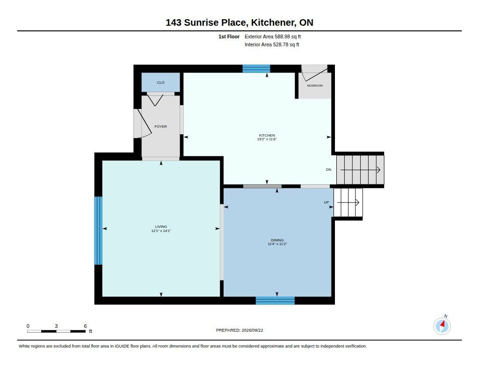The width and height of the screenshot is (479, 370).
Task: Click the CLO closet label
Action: click(x=161, y=82)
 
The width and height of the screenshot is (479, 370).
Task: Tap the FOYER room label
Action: click(x=161, y=126)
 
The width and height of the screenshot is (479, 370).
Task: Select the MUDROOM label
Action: click(x=315, y=86)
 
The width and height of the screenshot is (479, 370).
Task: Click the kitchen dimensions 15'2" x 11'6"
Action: click(x=267, y=139)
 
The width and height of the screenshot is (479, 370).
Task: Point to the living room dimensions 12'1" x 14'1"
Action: click(x=161, y=231)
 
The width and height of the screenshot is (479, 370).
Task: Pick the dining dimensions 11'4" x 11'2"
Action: click(x=277, y=244)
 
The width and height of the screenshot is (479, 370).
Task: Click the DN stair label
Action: click(x=329, y=170)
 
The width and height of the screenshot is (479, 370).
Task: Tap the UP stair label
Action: click(x=327, y=202)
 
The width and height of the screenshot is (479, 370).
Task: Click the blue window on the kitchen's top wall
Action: click(x=256, y=69)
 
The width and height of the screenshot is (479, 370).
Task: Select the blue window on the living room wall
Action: click(x=98, y=230)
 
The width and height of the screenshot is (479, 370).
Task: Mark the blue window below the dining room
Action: click(x=275, y=301)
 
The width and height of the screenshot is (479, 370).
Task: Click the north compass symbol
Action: click(x=442, y=326)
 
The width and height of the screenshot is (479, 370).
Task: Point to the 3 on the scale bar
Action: click(x=56, y=326)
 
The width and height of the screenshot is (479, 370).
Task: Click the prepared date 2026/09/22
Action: click(x=252, y=330)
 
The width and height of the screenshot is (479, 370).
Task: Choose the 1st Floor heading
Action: click(x=229, y=36)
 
